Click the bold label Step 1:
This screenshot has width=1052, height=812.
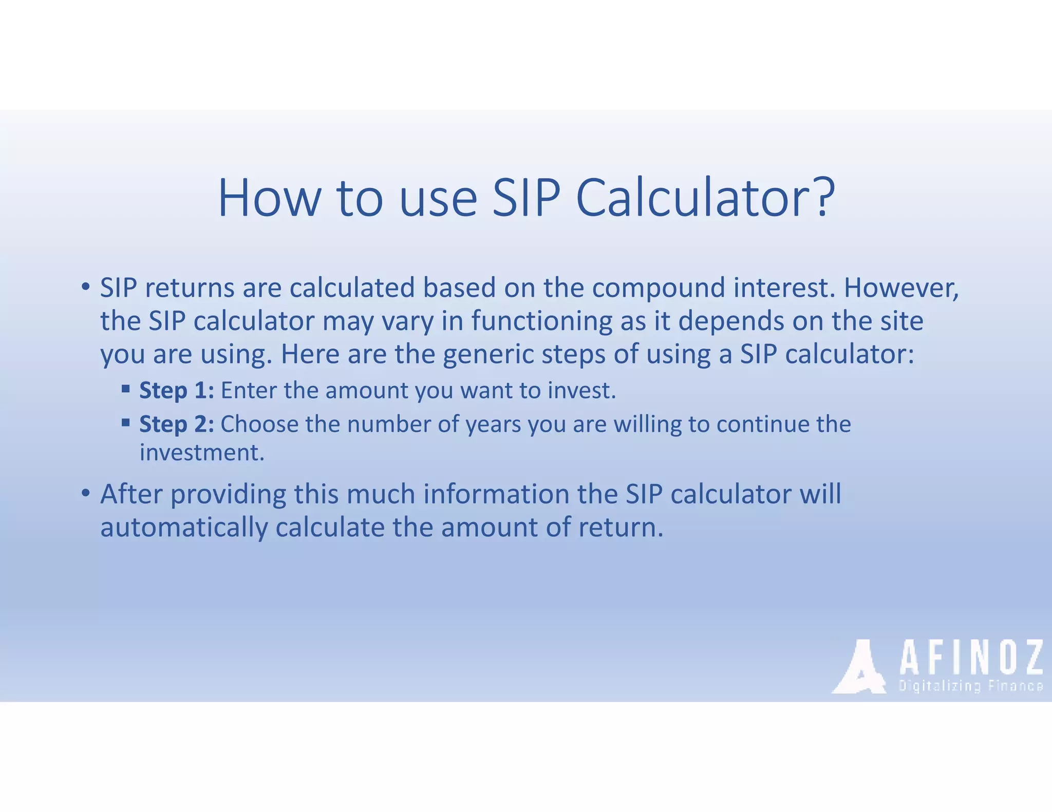point(177,391)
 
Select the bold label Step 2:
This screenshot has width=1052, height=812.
point(177,424)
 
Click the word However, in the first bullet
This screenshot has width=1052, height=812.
point(901,287)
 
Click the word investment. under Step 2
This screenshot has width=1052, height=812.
point(202,453)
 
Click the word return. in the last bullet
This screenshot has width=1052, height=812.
point(621,528)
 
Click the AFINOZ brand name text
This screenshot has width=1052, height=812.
point(970,658)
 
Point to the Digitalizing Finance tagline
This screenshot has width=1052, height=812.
point(970,686)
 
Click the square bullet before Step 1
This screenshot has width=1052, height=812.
point(125,389)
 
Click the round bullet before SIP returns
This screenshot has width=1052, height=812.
point(86,286)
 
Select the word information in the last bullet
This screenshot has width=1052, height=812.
point(496,494)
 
